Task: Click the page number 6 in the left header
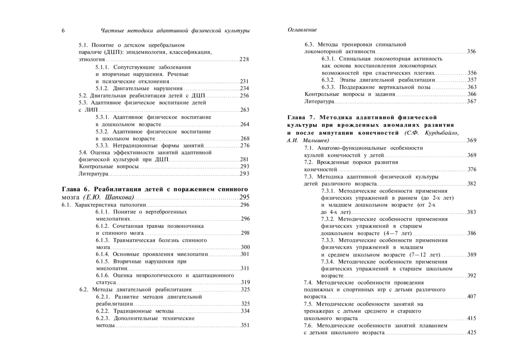coord(63,30)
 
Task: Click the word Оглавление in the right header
coord(302,30)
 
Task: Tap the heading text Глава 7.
coord(301,117)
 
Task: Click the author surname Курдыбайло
coord(437,133)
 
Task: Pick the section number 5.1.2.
coord(102,89)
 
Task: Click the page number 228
coord(244,59)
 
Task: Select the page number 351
coord(245,326)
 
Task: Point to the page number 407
coord(472,296)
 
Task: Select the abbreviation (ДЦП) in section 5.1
coord(111,52)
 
